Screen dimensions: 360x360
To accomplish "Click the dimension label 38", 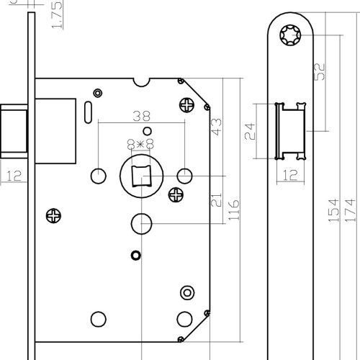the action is [142, 116].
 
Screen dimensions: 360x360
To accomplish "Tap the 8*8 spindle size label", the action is [140, 144].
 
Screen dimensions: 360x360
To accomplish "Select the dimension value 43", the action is [216, 127].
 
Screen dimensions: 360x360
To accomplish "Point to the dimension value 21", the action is [216, 199].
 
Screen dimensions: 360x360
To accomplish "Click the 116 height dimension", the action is [233, 210].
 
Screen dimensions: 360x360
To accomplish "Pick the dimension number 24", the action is [250, 131].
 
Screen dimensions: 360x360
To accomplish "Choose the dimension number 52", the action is [320, 71].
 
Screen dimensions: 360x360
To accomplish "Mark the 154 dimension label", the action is [333, 210].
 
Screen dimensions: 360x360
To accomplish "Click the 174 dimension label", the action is [350, 210].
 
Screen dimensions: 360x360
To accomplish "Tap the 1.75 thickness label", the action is [57, 15].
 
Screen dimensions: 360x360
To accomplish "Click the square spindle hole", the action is [142, 176].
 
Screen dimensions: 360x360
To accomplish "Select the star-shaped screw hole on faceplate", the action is [290, 35].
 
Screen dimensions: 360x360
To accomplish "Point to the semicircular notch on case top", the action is [141, 82].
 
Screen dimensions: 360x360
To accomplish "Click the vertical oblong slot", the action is [88, 112].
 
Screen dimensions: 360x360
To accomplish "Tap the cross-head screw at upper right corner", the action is [186, 105].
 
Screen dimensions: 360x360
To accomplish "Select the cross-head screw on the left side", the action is [53, 216].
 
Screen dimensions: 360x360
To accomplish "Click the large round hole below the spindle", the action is [141, 224].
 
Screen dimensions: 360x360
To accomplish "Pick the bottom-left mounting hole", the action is [99, 319].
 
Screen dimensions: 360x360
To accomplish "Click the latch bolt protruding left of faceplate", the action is [14, 131].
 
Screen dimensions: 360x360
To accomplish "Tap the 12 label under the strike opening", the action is [290, 175].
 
